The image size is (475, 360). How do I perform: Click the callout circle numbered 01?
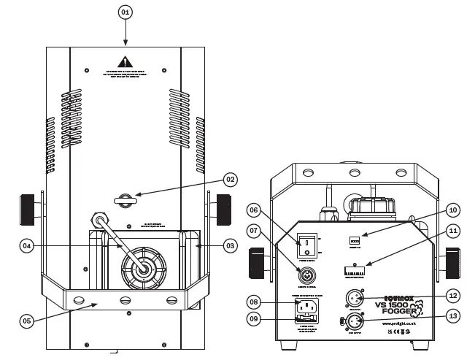click(x=125, y=12)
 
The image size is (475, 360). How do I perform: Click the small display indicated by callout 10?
click(x=355, y=240)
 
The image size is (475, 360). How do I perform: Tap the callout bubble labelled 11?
click(x=452, y=231)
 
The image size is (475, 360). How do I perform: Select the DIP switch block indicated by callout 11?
click(x=355, y=269)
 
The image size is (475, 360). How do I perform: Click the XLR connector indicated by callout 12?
click(x=355, y=298)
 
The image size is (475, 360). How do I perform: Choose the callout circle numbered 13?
click(x=452, y=316)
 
